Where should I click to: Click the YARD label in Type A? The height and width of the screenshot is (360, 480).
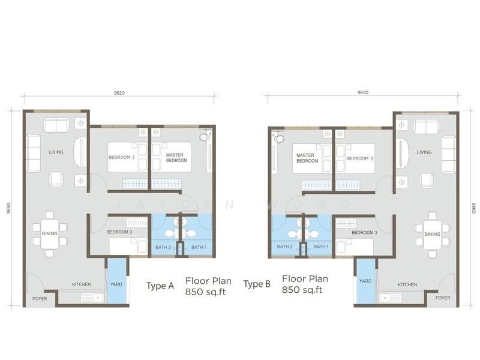(116, 284)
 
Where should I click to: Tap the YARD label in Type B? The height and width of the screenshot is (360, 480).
(365, 281)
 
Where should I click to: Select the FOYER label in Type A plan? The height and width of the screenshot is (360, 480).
(40, 298)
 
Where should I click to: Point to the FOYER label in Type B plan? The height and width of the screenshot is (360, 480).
(443, 298)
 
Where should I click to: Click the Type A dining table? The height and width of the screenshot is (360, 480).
(50, 234)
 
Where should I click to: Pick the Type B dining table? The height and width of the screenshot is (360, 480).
(432, 235)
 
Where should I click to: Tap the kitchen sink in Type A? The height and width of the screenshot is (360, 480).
(92, 298)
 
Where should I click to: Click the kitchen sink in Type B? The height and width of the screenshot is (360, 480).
(391, 298)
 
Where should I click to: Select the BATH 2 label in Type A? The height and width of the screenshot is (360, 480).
(163, 247)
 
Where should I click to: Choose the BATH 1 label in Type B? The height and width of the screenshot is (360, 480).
(321, 247)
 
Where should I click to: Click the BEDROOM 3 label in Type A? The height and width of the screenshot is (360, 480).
(119, 232)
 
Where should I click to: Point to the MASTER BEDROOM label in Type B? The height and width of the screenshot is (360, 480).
(307, 158)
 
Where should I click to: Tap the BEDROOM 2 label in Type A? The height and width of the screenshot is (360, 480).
(122, 157)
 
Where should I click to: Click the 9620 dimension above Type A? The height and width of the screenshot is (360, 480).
(119, 93)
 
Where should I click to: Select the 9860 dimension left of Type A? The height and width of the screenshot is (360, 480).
(8, 208)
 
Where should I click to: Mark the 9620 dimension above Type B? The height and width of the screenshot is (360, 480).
(363, 92)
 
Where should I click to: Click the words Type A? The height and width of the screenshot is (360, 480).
(160, 286)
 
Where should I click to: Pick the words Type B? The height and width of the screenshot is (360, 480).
(257, 284)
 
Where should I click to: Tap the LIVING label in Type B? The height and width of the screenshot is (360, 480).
(424, 152)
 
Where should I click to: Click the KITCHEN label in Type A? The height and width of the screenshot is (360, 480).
(82, 284)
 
